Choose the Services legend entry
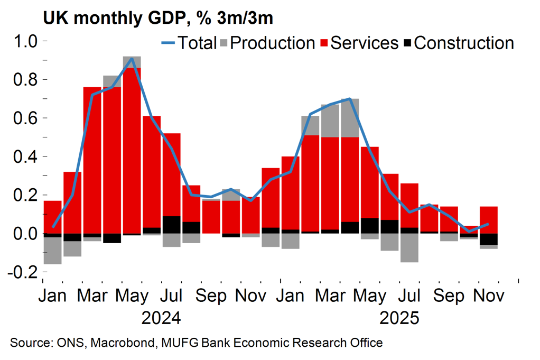(364, 43)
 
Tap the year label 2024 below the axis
(161, 318)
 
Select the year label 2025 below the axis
(399, 318)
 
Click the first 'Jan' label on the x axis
(53, 296)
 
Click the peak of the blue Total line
(132, 59)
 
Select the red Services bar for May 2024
(132, 151)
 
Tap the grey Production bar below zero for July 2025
(409, 247)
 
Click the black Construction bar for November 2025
(489, 239)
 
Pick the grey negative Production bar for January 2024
(53, 251)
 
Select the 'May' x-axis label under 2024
(132, 296)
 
